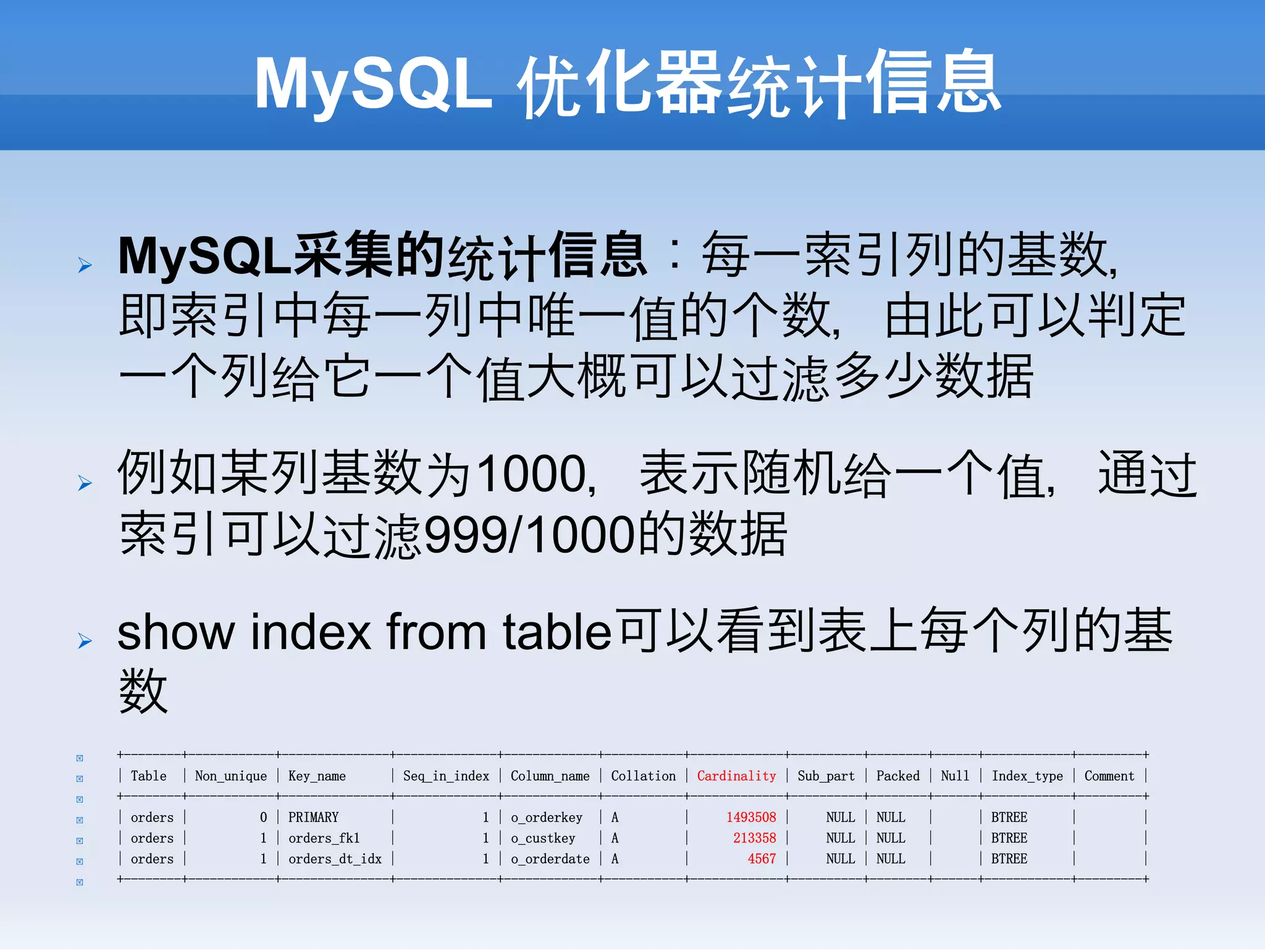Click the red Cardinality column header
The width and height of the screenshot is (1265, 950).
point(736,776)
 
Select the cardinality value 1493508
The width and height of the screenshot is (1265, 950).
point(750,817)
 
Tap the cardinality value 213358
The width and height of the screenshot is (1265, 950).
point(754,838)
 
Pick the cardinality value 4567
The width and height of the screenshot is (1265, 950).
point(761,859)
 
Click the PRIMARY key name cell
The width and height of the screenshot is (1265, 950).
point(313,817)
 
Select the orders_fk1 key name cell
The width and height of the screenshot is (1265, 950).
point(324,838)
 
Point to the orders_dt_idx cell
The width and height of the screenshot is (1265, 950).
point(335,859)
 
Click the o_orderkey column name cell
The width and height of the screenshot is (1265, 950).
point(547,817)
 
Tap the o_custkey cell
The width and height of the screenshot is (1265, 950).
point(543,838)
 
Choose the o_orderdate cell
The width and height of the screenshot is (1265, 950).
point(550,859)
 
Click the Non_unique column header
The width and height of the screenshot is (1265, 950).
point(231,776)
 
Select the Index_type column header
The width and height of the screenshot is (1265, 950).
point(1027,776)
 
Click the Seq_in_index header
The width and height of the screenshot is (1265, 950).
point(446,776)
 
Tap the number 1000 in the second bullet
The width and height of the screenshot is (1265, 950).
point(532,475)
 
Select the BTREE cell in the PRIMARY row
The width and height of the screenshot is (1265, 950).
point(1009,817)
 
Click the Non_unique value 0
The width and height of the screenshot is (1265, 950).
point(263,817)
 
